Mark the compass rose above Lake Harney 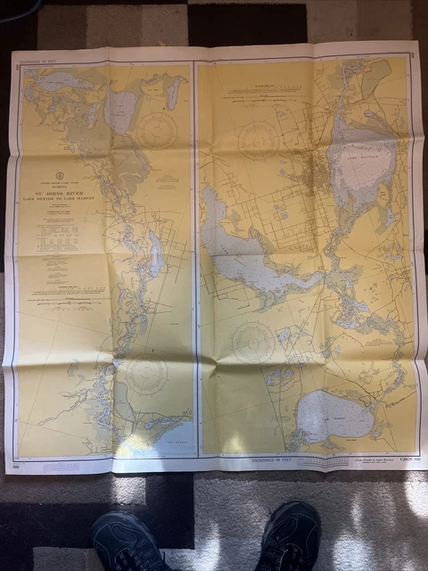pos(254,341)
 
